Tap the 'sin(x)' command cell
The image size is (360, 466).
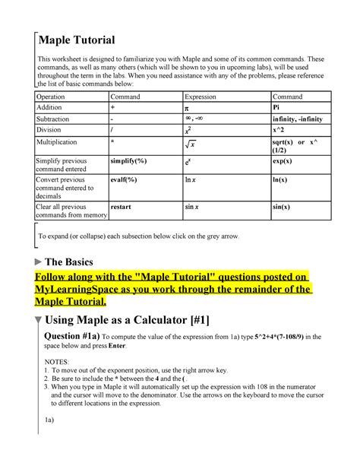pyautogui.click(x=282, y=206)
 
